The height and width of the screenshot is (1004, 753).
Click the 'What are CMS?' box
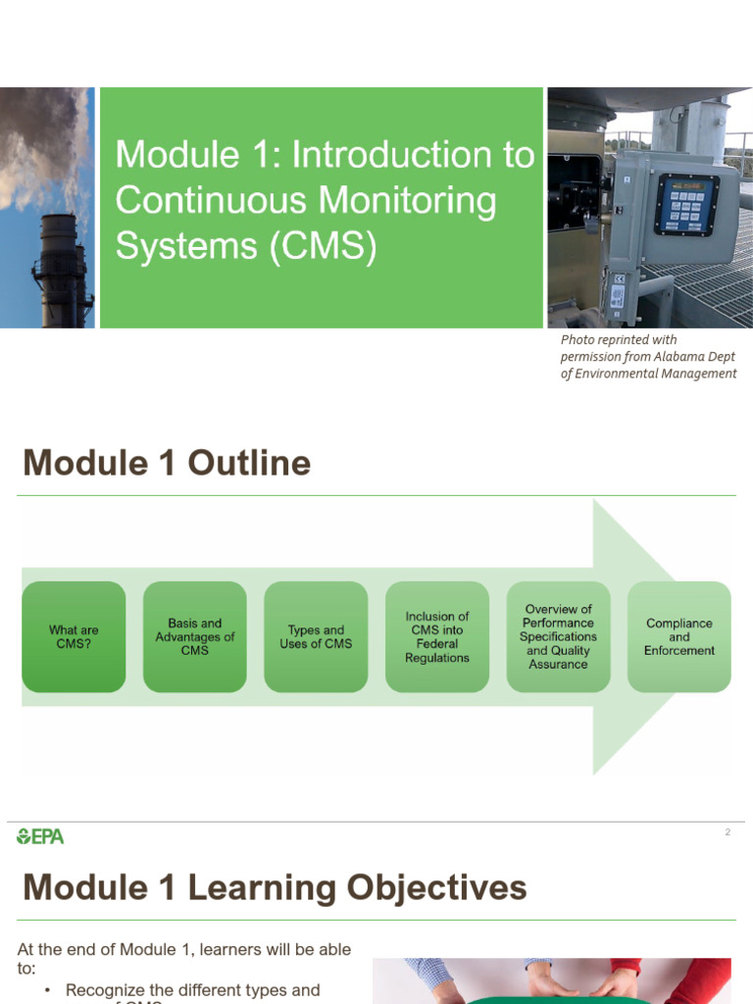click(74, 637)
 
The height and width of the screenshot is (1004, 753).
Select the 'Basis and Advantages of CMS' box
click(195, 637)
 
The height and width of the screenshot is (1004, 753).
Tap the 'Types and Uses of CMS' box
click(316, 637)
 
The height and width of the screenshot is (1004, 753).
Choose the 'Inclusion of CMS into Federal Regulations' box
click(437, 637)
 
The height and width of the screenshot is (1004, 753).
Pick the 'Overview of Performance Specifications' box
click(558, 637)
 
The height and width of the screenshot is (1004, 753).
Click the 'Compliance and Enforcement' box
click(679, 637)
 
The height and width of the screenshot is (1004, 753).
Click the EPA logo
click(40, 836)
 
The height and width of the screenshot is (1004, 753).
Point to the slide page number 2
click(728, 832)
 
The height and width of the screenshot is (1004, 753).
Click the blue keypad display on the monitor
click(686, 203)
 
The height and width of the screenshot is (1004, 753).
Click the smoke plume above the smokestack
click(39, 147)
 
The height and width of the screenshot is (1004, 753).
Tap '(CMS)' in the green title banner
click(324, 245)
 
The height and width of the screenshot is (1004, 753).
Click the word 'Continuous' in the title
click(205, 200)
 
